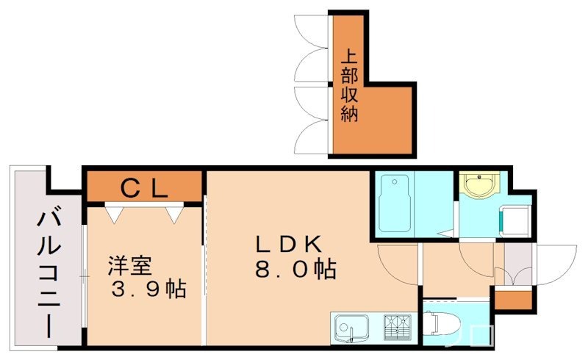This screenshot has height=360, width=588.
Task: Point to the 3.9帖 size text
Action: point(147,289)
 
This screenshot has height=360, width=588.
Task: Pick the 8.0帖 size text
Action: point(295,270)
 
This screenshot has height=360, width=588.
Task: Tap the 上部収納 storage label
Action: point(349,85)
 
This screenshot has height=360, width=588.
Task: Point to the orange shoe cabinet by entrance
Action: point(512,299)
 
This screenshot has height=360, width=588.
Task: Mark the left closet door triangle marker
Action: point(114,214)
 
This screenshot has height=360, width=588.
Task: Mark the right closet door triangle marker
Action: point(174,214)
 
